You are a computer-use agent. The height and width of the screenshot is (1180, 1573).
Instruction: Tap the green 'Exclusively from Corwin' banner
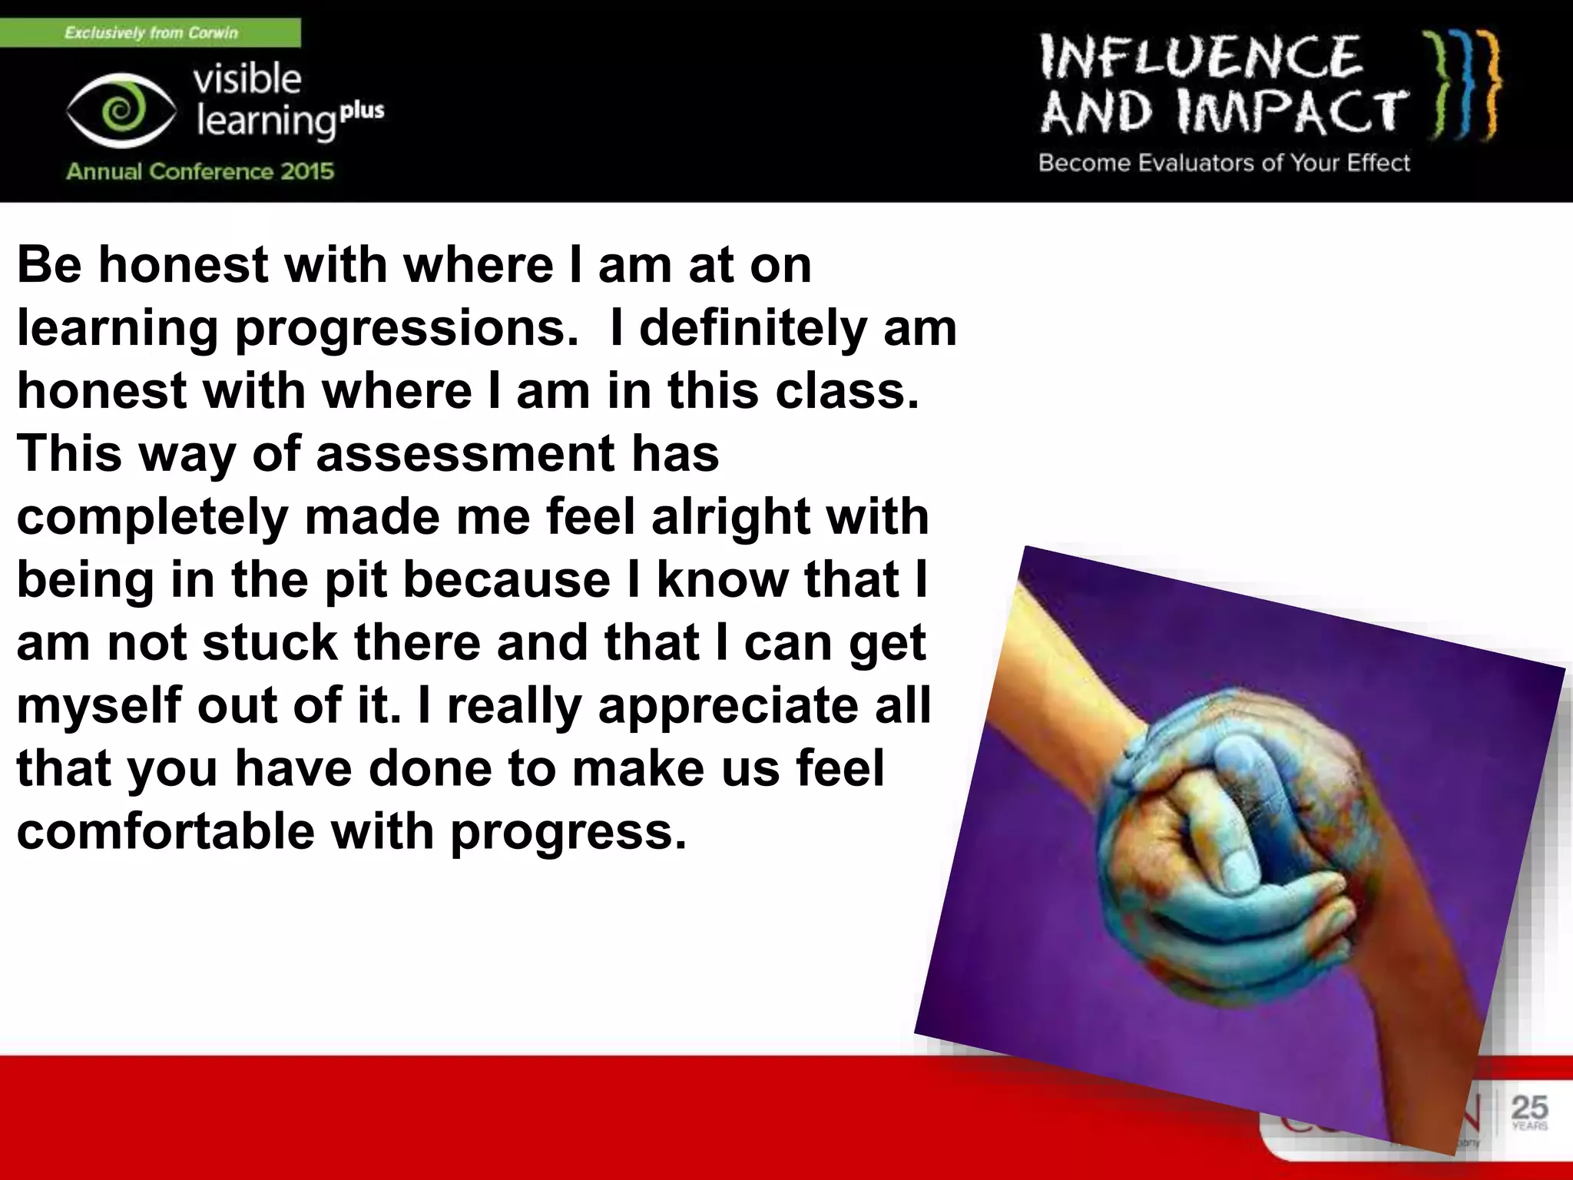[x=151, y=32]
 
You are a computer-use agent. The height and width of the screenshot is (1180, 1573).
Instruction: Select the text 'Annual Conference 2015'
[x=200, y=171]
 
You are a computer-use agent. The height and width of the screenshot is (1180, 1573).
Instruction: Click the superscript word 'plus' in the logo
[x=362, y=110]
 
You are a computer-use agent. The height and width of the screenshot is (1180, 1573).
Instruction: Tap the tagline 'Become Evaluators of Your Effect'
[x=1224, y=163]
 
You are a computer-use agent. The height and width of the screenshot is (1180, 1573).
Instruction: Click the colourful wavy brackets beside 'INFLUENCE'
[x=1461, y=86]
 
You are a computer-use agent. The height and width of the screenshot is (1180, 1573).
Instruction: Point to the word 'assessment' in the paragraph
[x=465, y=453]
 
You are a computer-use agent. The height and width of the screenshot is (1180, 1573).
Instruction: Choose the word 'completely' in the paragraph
[x=152, y=516]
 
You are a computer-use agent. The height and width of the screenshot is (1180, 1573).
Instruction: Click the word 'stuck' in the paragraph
[x=270, y=642]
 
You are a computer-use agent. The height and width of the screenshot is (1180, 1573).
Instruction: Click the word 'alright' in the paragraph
[x=730, y=516]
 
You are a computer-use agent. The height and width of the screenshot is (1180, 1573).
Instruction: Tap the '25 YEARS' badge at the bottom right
[x=1528, y=1112]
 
